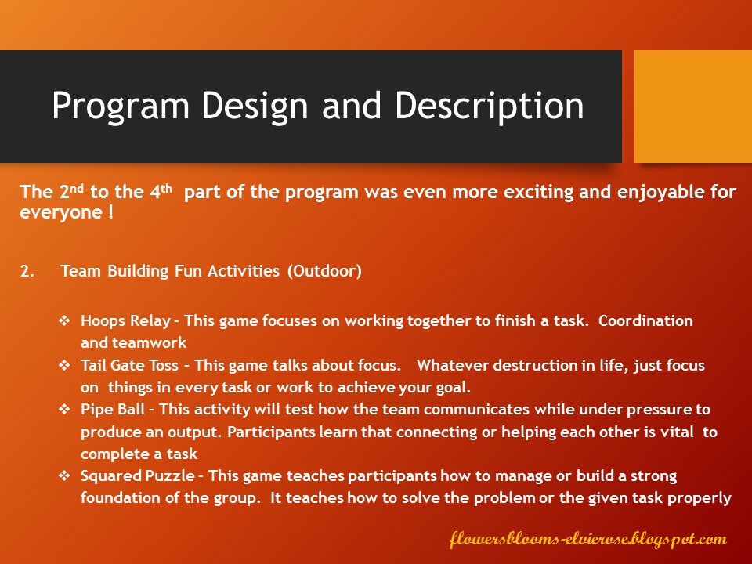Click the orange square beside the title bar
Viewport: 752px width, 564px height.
[x=693, y=107]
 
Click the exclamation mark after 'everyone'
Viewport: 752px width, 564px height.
[x=110, y=211]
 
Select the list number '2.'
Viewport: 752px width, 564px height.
[x=27, y=271]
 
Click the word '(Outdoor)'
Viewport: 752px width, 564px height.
[x=324, y=271]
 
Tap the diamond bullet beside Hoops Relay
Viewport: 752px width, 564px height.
[x=64, y=320]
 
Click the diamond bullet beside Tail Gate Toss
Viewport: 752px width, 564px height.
[x=64, y=365]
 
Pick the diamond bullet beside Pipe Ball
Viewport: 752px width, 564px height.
[x=64, y=409]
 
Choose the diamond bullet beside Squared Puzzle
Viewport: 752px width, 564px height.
[x=64, y=475]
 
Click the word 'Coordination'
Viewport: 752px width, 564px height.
[x=645, y=320]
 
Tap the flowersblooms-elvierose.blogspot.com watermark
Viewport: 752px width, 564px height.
[x=588, y=539]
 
